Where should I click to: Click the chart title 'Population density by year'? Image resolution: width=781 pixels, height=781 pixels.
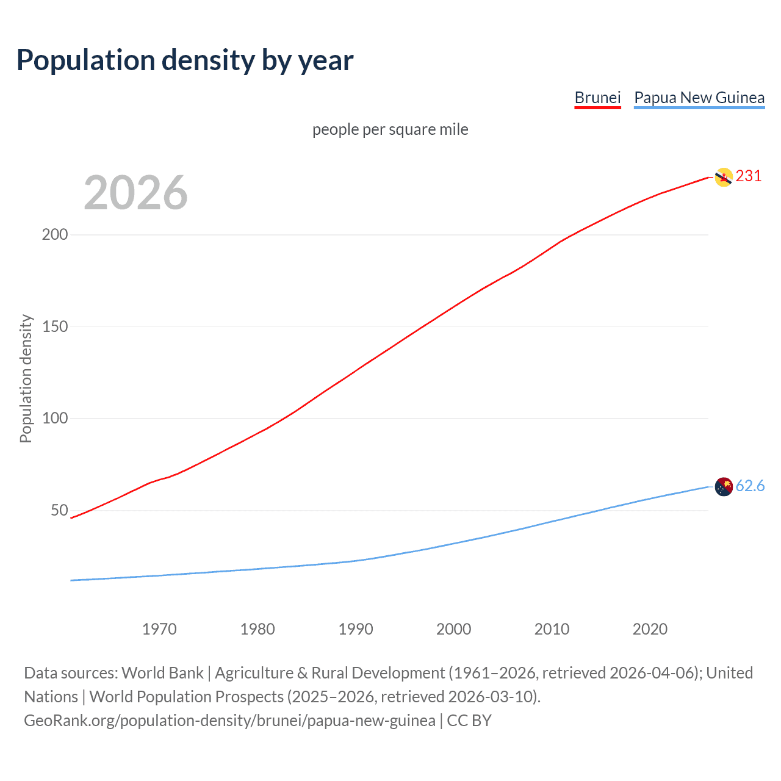tap(185, 60)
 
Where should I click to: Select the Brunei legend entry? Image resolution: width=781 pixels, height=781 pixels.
tap(597, 98)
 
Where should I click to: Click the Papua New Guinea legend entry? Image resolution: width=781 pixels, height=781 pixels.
tap(699, 98)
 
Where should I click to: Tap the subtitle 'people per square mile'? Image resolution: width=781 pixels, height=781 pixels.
tap(390, 129)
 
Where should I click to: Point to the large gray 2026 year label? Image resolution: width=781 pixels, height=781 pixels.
tap(135, 193)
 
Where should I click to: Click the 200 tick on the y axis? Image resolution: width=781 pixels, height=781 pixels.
tap(55, 235)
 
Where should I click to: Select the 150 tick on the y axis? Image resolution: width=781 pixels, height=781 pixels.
tap(55, 326)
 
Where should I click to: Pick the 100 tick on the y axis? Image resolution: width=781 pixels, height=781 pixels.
tap(55, 419)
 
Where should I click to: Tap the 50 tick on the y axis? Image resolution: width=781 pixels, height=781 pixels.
tap(59, 510)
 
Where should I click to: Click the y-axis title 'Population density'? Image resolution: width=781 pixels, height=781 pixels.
tap(26, 378)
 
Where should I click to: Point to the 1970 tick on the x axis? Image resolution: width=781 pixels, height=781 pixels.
tap(159, 629)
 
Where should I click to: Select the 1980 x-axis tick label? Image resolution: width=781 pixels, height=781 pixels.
tap(257, 629)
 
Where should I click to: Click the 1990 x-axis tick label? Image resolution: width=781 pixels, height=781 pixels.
tap(356, 629)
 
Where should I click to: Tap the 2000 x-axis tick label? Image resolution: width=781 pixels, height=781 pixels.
tap(453, 629)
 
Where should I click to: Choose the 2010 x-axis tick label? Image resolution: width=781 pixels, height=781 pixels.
tap(552, 629)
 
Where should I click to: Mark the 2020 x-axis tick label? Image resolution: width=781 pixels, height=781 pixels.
tap(650, 629)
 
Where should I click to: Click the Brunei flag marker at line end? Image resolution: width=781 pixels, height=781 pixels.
tap(724, 177)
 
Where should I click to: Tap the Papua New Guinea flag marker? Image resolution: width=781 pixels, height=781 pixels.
tap(724, 487)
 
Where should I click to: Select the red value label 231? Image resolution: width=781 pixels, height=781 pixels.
tap(749, 176)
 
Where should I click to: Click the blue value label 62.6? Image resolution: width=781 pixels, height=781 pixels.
tap(750, 486)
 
